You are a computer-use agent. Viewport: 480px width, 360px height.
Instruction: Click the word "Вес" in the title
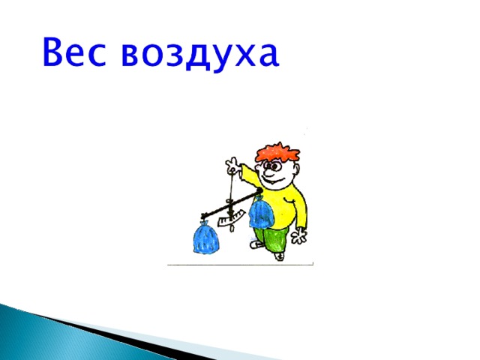coord(74,52)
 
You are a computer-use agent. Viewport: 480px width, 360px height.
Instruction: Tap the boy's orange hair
coord(277,152)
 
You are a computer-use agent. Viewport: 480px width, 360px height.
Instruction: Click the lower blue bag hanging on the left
coord(206,238)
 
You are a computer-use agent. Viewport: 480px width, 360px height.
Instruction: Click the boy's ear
coord(296,168)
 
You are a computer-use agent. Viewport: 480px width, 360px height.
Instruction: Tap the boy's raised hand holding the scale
coord(232,164)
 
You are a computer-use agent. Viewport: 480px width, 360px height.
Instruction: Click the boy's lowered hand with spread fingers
coord(298,235)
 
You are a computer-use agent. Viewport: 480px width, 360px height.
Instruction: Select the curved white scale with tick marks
coord(232,218)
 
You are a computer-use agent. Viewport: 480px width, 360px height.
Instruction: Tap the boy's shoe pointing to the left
coord(256,244)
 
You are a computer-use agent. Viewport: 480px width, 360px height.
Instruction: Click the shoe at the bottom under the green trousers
coord(279,256)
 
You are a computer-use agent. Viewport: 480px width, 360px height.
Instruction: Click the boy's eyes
coord(271,166)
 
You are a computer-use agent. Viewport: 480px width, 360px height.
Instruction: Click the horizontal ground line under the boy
coord(240,265)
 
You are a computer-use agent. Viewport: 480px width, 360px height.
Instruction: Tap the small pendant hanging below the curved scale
coord(232,228)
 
